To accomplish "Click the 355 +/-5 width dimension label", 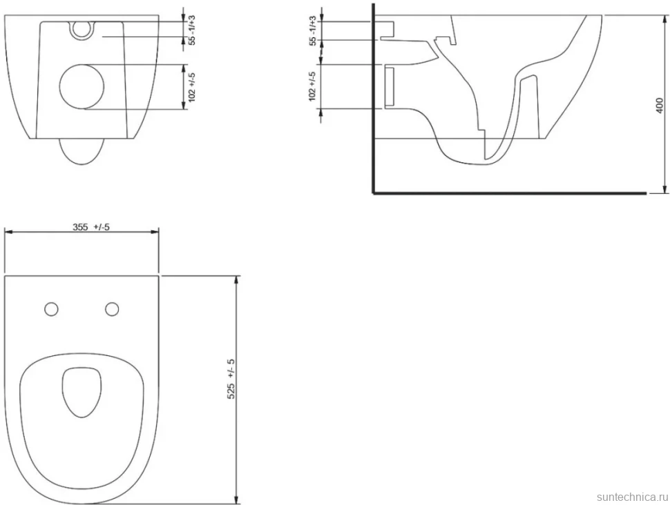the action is click(90, 227).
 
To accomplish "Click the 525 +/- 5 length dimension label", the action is click(231, 379).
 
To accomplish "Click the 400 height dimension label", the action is click(660, 106).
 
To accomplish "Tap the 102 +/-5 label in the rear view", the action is click(192, 87).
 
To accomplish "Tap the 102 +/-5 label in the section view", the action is click(312, 87).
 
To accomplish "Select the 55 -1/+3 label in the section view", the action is click(313, 31).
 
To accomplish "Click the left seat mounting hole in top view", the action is click(51, 309).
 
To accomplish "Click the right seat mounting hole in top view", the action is click(112, 309).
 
